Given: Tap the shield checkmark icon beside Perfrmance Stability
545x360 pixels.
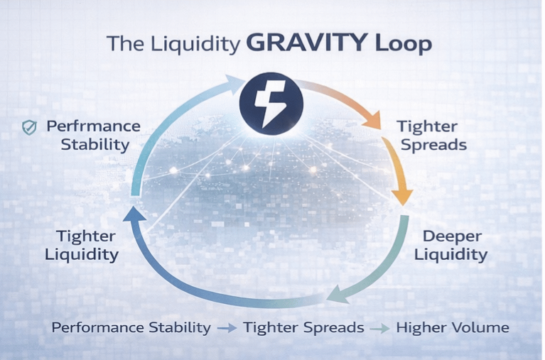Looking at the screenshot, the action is click(x=29, y=128).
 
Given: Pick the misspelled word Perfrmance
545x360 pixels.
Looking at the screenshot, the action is click(x=93, y=127).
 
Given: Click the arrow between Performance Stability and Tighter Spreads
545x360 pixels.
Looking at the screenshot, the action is click(x=227, y=328).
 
